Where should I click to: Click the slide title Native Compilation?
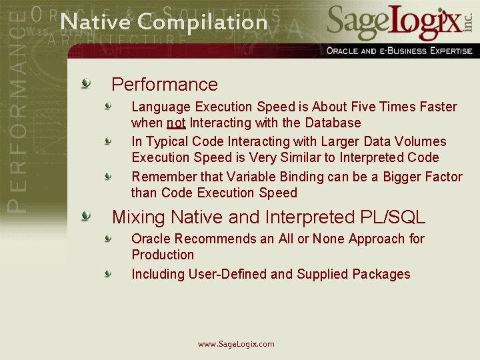163,21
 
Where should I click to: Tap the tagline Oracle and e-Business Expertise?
399,51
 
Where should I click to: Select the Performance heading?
165,85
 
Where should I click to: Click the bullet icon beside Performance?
86,83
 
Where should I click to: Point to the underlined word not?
176,123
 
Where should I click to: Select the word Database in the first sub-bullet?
332,123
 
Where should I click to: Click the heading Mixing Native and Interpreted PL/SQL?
268,217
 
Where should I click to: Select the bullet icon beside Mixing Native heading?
86,216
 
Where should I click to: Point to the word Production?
163,255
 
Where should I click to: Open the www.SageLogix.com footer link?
236,344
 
